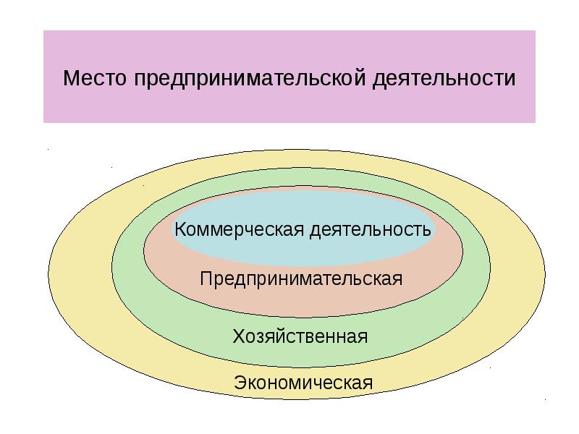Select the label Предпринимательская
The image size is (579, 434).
(x=300, y=278)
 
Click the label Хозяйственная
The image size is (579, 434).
(x=300, y=336)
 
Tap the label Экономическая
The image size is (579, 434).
(x=303, y=382)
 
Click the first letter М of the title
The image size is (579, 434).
(x=71, y=78)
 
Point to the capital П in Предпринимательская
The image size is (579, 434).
(x=206, y=278)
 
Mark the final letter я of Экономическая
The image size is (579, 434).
(x=368, y=383)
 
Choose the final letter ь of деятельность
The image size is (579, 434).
(x=426, y=231)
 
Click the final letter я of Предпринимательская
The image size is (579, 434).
(x=397, y=279)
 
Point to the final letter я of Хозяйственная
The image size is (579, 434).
(x=363, y=337)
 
